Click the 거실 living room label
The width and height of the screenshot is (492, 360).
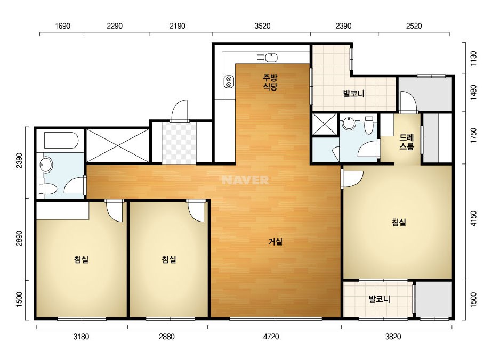point(276,241)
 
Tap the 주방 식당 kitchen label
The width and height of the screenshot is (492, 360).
point(270,82)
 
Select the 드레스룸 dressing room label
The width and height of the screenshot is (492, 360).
point(406,142)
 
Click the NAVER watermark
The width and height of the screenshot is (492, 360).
point(245,180)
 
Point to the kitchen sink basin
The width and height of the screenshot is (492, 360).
point(271,58)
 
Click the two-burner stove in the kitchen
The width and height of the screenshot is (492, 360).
point(229,82)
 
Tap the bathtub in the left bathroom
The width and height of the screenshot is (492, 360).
point(61,141)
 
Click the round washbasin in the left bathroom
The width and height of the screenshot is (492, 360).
point(46,165)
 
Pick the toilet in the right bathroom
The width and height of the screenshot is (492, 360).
point(369,126)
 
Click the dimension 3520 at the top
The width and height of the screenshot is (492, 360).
point(262,26)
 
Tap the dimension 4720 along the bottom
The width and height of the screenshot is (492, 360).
point(271,337)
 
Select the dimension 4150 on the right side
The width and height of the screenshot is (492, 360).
point(473,218)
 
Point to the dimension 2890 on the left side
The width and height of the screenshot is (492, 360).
point(19,239)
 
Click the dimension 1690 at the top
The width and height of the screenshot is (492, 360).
point(62,26)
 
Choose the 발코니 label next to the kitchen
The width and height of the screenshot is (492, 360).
point(353,93)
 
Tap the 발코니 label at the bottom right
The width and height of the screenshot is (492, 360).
point(380,299)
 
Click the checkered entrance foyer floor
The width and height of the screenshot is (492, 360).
point(179,143)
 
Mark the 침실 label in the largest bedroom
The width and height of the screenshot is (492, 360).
point(399,222)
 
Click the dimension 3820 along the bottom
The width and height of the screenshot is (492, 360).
point(393,337)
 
